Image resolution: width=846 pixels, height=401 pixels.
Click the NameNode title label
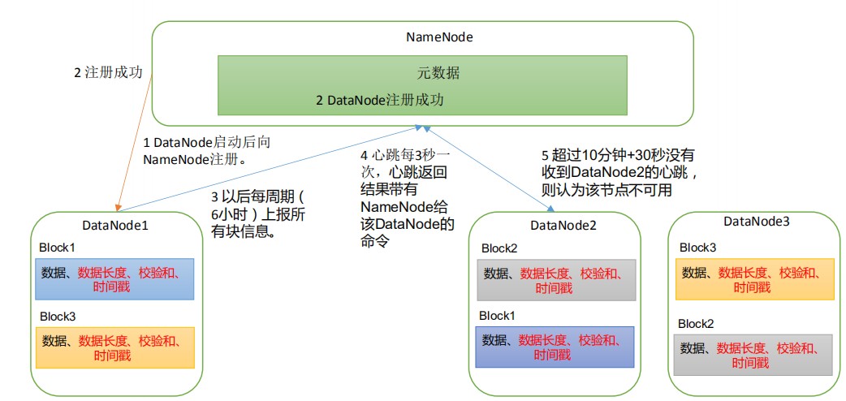(x=439, y=37)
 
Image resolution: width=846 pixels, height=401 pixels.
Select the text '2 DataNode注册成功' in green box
(x=380, y=101)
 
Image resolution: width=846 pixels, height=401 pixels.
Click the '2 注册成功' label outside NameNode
(x=109, y=73)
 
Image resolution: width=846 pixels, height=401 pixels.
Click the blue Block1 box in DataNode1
(x=114, y=279)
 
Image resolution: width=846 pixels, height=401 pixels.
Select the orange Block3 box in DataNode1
(x=114, y=347)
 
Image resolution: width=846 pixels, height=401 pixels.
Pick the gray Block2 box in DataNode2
(x=555, y=279)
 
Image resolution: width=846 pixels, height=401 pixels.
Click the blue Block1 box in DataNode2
(x=555, y=347)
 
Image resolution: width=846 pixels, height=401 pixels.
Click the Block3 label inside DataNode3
(x=697, y=248)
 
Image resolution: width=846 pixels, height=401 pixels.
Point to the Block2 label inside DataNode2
(x=499, y=248)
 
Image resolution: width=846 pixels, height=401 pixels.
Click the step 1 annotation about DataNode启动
(x=206, y=150)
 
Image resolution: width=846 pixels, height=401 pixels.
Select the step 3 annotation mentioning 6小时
(x=260, y=215)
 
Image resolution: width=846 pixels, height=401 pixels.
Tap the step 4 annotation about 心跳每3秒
(x=408, y=199)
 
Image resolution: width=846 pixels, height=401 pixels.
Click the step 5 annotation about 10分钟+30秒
(x=618, y=173)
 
